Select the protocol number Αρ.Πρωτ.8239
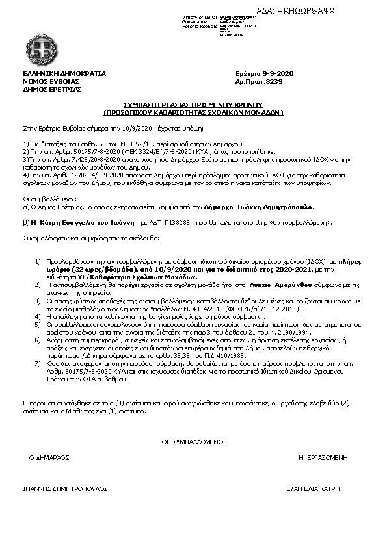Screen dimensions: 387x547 click(258, 81)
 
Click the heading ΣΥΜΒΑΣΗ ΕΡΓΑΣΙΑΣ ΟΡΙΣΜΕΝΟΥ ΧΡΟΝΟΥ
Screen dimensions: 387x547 click(193, 104)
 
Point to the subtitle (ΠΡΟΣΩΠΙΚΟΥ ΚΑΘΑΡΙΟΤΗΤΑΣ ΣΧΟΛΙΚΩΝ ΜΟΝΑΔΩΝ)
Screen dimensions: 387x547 click(193, 111)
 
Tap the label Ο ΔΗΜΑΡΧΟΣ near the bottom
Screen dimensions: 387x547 click(49, 457)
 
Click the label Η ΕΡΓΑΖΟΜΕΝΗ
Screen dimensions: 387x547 click(322, 457)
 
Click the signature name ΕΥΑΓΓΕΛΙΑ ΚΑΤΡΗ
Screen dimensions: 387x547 click(315, 487)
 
